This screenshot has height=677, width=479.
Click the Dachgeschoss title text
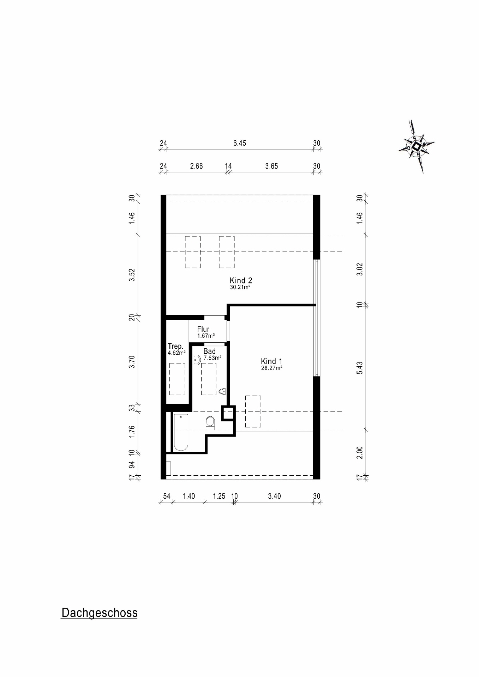99,612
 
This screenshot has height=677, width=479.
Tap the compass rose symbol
417,146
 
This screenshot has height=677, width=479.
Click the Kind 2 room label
241,281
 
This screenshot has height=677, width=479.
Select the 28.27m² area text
271,368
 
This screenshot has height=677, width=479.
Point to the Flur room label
203,329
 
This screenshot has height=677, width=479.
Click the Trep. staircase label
175,346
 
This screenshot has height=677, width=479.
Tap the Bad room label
209,352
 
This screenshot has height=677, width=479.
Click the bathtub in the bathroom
181,432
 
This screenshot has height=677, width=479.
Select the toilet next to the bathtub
210,422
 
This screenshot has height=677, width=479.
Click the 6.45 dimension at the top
239,143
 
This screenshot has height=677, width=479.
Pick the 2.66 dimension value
196,166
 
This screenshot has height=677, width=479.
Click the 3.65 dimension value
271,166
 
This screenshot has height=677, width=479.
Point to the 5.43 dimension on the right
360,368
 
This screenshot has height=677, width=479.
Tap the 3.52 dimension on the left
132,275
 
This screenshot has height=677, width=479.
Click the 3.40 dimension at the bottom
274,496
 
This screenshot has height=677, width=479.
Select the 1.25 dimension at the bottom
219,496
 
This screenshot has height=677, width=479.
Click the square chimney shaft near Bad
228,413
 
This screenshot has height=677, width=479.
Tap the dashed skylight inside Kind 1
253,411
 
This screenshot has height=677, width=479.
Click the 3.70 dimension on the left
132,362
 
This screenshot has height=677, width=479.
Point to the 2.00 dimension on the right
360,452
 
